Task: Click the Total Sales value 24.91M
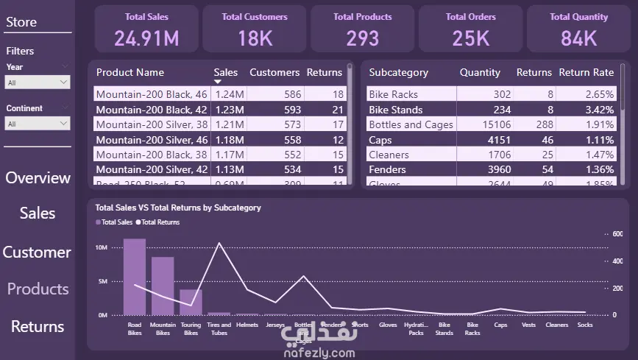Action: point(146,38)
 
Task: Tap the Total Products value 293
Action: point(363,38)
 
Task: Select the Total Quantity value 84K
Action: point(578,38)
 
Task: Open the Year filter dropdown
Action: point(38,82)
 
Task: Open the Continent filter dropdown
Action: point(38,124)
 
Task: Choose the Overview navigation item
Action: point(38,178)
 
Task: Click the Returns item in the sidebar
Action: point(38,326)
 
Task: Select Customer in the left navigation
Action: point(37,253)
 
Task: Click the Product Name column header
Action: point(130,72)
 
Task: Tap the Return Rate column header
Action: point(586,72)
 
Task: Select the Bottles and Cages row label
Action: point(411,124)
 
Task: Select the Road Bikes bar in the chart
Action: point(135,277)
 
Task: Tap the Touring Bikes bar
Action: point(191,302)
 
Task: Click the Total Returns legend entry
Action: point(160,222)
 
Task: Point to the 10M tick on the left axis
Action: point(100,247)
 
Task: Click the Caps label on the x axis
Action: point(500,324)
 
